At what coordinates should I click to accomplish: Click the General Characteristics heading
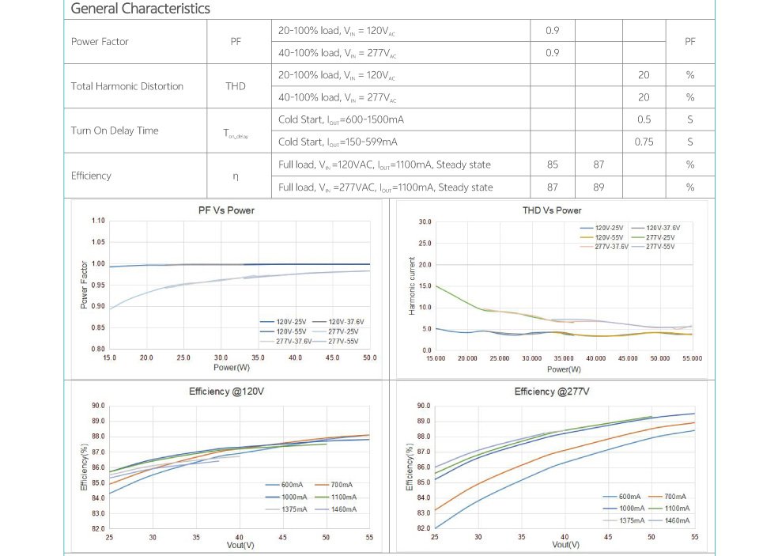141,9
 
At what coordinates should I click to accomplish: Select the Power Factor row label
100,42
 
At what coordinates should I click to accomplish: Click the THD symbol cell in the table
235,86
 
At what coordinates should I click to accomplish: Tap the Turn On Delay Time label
115,130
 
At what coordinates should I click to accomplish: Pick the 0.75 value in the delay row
644,142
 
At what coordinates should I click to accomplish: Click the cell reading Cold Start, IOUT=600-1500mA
338,119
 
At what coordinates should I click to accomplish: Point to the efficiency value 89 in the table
599,187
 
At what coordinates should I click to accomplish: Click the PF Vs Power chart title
226,210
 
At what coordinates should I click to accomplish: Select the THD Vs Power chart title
552,210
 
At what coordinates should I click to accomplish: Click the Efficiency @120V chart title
226,391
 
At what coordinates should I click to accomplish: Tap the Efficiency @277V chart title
552,391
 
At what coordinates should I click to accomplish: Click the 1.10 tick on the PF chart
97,221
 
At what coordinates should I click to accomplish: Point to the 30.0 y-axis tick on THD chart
425,221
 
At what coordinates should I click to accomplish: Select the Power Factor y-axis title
85,285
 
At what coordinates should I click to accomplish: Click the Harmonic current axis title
412,286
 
